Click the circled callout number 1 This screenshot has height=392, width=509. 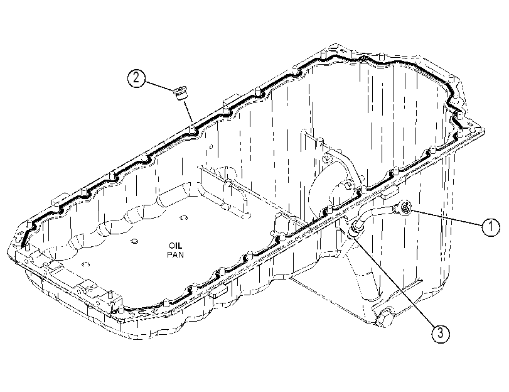(491, 227)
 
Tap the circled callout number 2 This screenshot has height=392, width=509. (136, 78)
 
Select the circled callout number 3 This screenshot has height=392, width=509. (441, 333)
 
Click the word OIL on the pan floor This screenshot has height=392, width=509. (175, 246)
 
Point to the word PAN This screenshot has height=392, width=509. (175, 254)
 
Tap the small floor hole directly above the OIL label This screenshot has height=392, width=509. (183, 217)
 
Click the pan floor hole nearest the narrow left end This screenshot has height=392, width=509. (86, 264)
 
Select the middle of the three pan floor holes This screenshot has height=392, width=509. (133, 241)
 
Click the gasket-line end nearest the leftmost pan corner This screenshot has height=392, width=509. (22, 246)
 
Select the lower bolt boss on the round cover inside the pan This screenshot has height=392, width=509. (346, 185)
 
